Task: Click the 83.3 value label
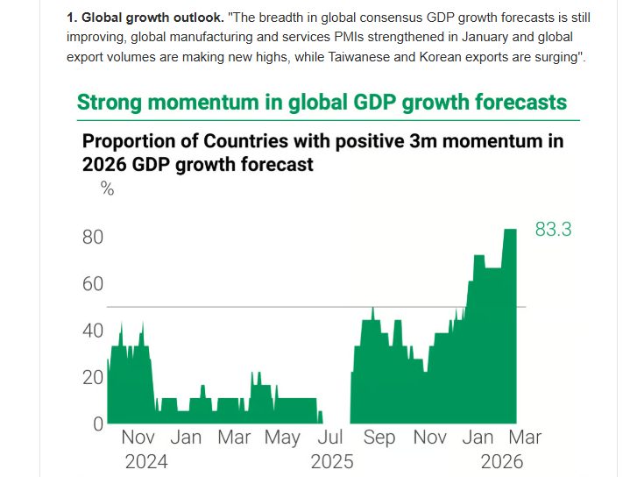tap(553, 231)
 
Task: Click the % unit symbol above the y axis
tap(108, 189)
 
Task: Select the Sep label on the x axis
tap(379, 438)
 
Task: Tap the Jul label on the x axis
tap(330, 438)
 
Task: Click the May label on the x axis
tap(282, 438)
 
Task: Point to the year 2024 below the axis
tap(145, 462)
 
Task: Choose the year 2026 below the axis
tap(501, 462)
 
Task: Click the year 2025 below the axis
tap(331, 462)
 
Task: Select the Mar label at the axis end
tap(526, 438)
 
